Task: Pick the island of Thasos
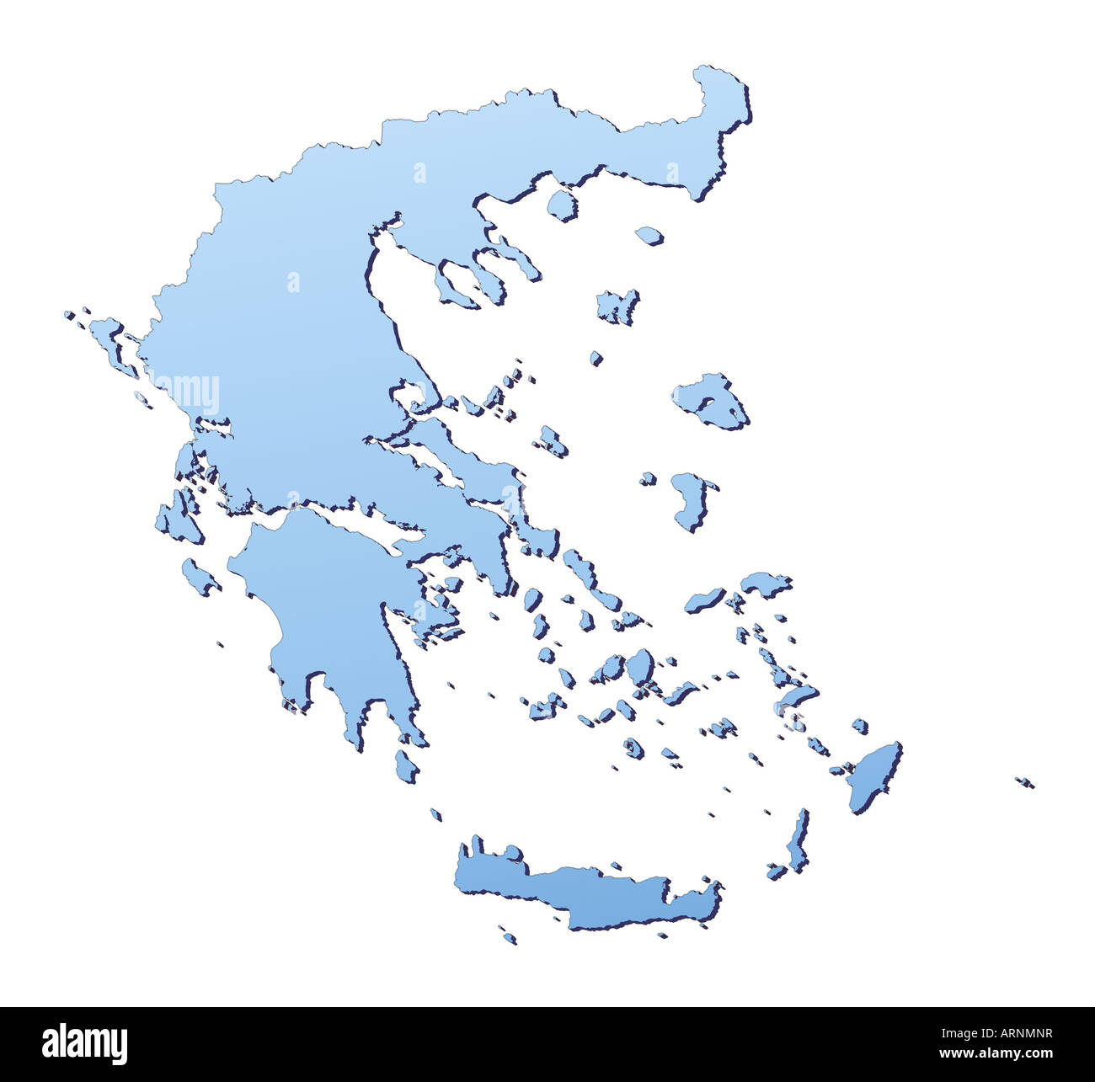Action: pyautogui.click(x=561, y=205)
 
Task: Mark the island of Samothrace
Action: pyautogui.click(x=649, y=235)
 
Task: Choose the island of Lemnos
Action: pyautogui.click(x=617, y=306)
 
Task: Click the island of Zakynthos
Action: pyautogui.click(x=200, y=577)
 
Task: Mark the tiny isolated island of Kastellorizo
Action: pyautogui.click(x=1023, y=781)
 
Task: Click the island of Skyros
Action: pyautogui.click(x=553, y=440)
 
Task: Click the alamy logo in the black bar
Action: pyautogui.click(x=84, y=1043)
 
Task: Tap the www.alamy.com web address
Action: pyautogui.click(x=995, y=1053)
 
